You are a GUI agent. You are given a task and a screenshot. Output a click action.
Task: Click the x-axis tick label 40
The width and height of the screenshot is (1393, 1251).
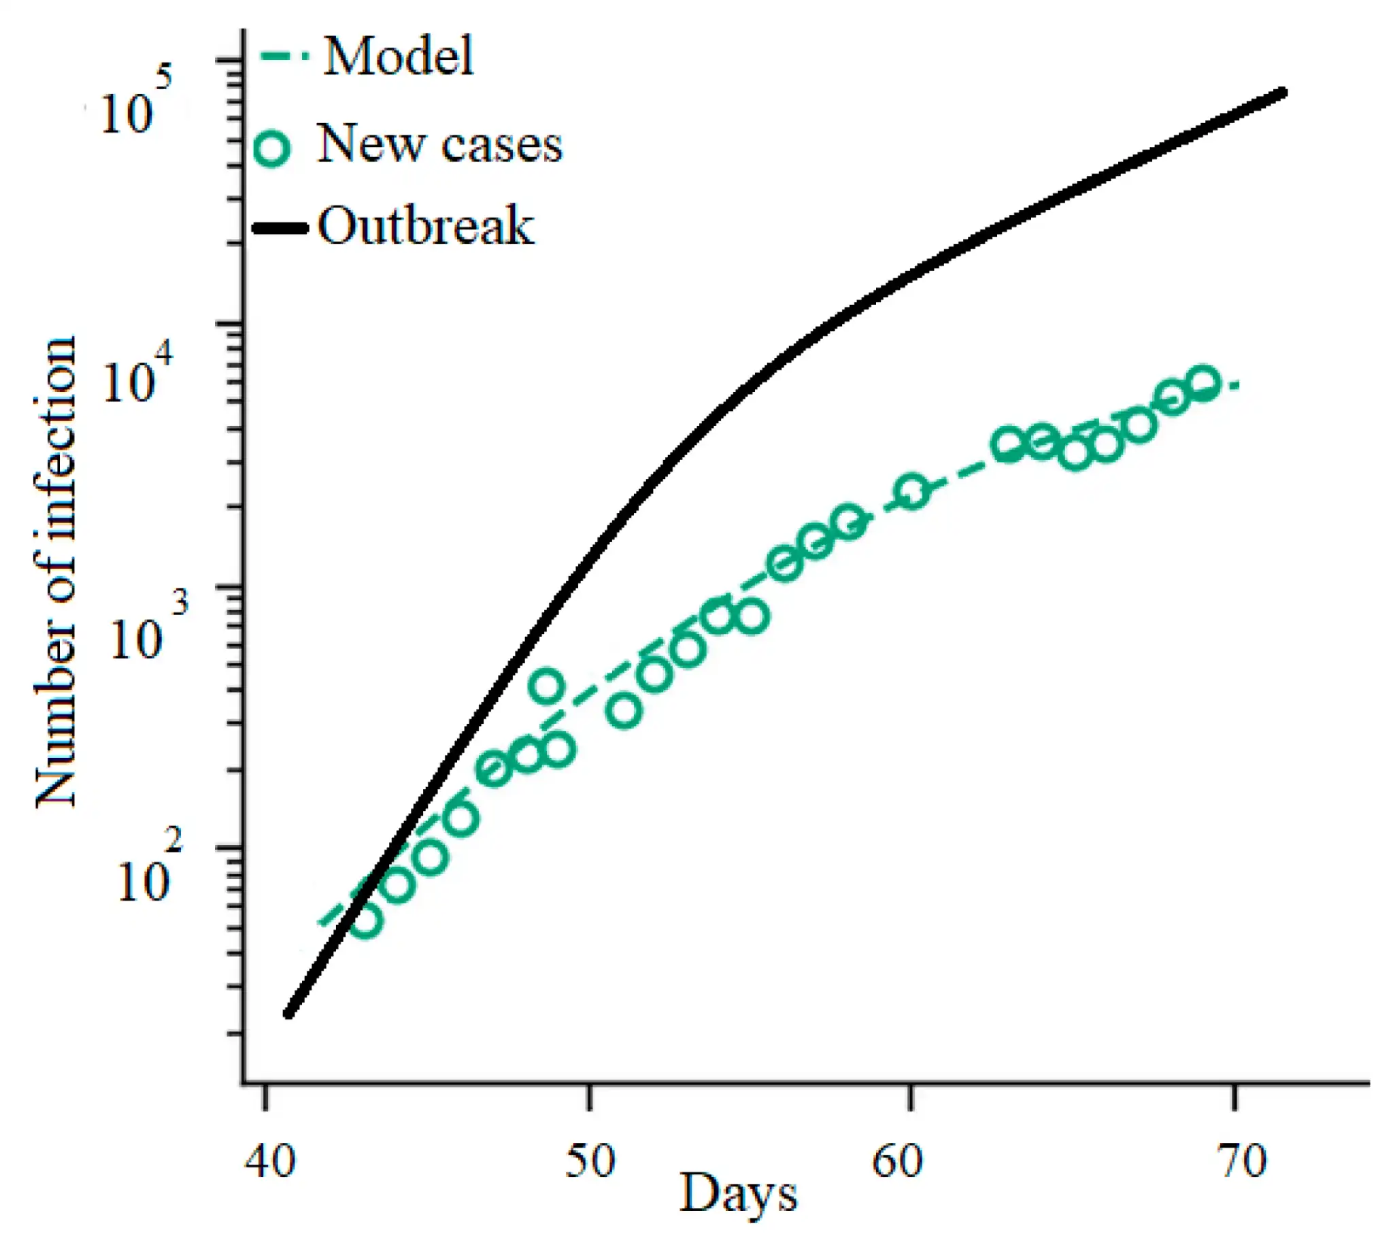[x=271, y=1161]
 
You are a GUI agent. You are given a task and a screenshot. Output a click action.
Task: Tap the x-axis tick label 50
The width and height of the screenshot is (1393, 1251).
[x=590, y=1161]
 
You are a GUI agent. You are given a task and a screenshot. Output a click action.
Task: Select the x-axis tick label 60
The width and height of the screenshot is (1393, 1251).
[x=897, y=1161]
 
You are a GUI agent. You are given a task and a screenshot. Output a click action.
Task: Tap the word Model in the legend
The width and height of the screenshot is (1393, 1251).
[x=398, y=56]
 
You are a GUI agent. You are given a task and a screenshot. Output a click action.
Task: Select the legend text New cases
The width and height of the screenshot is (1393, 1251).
[x=439, y=144]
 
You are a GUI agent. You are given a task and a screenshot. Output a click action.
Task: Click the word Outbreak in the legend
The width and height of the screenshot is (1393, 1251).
[x=425, y=227]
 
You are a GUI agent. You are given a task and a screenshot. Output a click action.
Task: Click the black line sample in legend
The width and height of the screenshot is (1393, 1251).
[x=280, y=228]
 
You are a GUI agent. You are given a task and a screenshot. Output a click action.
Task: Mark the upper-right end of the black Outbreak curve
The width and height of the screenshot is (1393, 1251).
[x=1281, y=93]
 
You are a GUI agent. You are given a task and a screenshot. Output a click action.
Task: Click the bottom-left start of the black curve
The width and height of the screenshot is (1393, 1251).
[x=289, y=1013]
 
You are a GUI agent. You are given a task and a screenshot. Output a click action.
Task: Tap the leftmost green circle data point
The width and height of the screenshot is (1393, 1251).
[x=366, y=920]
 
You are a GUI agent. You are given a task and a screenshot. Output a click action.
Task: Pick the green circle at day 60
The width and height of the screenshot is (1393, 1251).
[x=912, y=492]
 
